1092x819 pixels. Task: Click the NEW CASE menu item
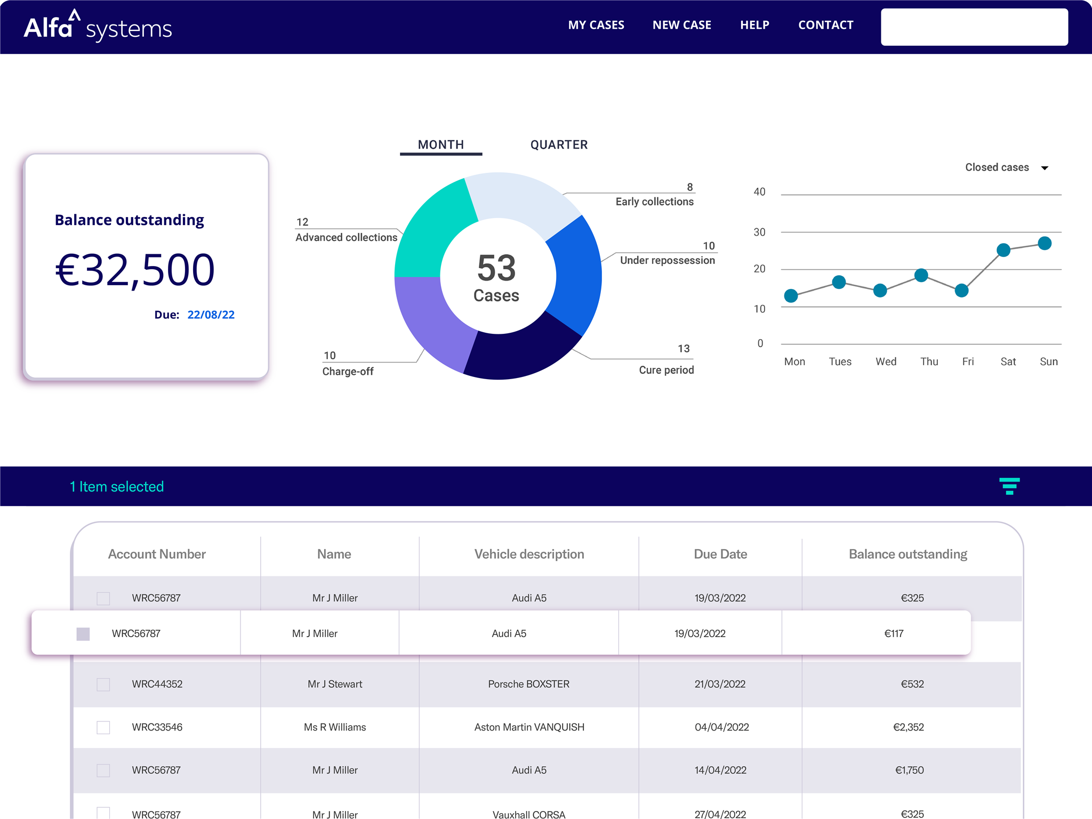point(681,25)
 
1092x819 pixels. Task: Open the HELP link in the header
point(754,25)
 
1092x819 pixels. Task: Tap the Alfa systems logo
point(98,27)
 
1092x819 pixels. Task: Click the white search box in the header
point(974,27)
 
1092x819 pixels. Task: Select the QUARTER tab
point(558,144)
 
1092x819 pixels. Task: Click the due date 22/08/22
point(211,315)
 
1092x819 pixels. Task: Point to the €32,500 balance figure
point(135,270)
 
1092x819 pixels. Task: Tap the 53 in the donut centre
point(496,268)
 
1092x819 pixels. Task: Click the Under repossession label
point(667,260)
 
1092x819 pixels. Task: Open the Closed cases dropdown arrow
point(1045,168)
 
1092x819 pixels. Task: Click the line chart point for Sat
point(1003,250)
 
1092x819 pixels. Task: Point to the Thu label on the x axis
point(929,362)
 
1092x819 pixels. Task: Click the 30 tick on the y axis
point(759,232)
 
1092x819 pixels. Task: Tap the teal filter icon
point(1009,486)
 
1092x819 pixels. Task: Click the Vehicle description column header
point(529,554)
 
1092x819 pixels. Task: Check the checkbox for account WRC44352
point(103,684)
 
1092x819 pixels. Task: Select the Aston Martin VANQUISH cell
point(529,727)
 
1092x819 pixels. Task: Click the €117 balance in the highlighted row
point(894,633)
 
